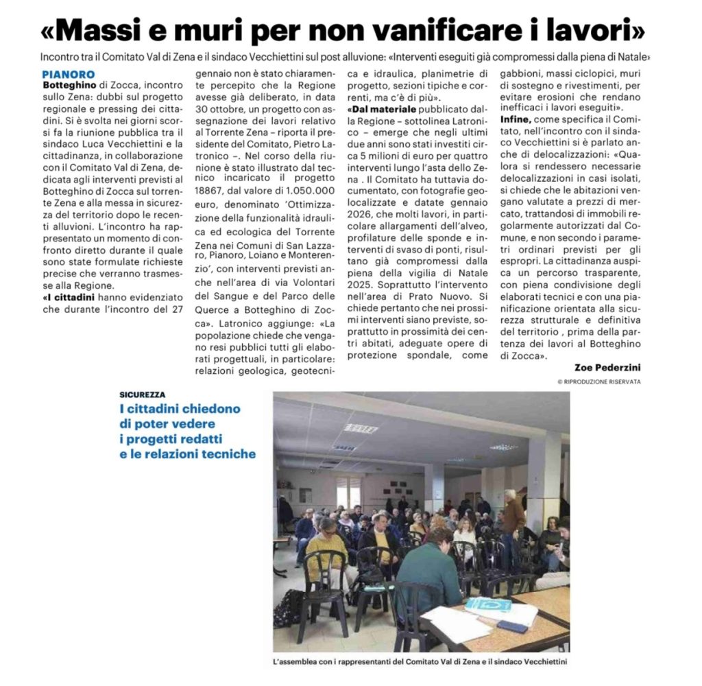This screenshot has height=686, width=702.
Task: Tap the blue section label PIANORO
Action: click(x=68, y=73)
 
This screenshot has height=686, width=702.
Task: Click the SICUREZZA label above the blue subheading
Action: click(x=142, y=395)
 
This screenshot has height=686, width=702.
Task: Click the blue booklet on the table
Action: click(x=488, y=604)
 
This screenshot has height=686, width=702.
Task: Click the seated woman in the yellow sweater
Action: click(x=326, y=549)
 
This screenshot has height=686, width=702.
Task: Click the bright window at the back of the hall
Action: click(x=348, y=491)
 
